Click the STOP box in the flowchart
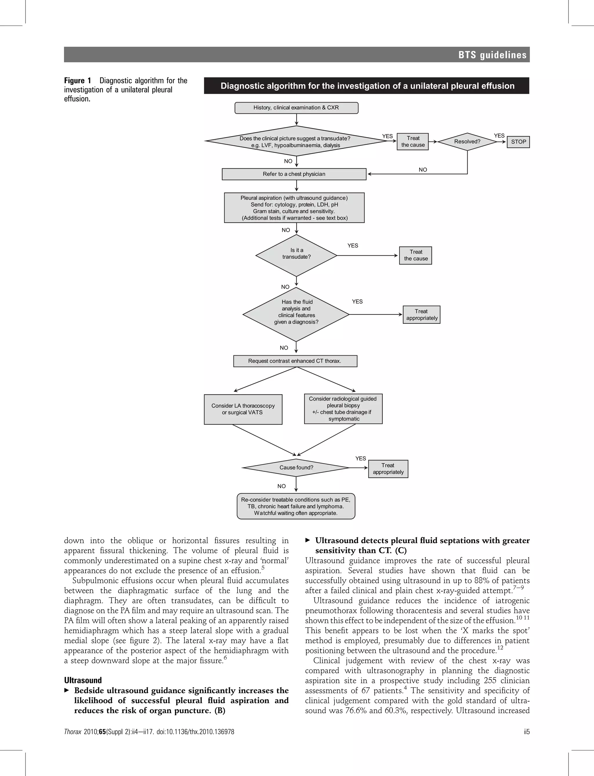tap(518, 142)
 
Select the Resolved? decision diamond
tap(467, 141)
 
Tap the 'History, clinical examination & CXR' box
tap(296, 108)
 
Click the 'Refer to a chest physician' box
tap(294, 174)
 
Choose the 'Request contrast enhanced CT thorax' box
tap(295, 361)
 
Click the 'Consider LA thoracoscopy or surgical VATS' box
tap(243, 409)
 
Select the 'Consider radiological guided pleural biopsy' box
tap(343, 409)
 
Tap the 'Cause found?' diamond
tap(296, 467)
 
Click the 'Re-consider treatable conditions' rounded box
tap(296, 506)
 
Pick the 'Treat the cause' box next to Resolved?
tap(413, 142)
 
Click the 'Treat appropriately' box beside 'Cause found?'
tap(388, 469)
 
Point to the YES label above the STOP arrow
tap(499, 136)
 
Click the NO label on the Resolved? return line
tap(423, 170)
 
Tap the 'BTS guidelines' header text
tap(492, 55)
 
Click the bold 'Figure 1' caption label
tap(77, 81)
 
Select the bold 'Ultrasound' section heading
tap(83, 680)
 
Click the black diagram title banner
tap(366, 86)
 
